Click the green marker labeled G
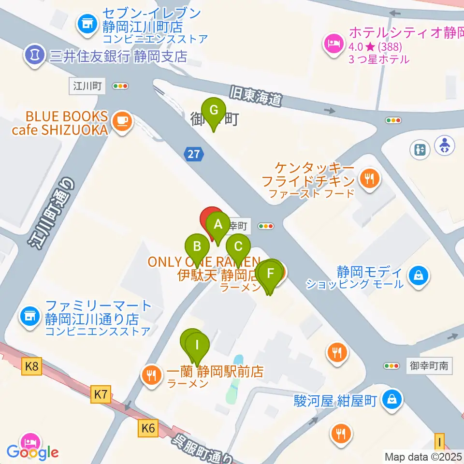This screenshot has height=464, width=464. click(x=213, y=111)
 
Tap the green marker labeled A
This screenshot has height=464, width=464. click(x=218, y=225)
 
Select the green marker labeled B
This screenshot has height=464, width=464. click(x=197, y=246)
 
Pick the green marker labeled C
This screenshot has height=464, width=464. click(x=238, y=246)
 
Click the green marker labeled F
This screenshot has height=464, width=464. click(x=270, y=273)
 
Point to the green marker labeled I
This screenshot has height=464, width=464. click(x=197, y=345)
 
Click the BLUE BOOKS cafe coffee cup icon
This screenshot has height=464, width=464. click(x=121, y=120)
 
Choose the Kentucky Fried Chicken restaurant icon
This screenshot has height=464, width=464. click(x=370, y=179)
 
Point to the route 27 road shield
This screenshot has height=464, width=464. click(x=194, y=155)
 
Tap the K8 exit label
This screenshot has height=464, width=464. click(x=31, y=367)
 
